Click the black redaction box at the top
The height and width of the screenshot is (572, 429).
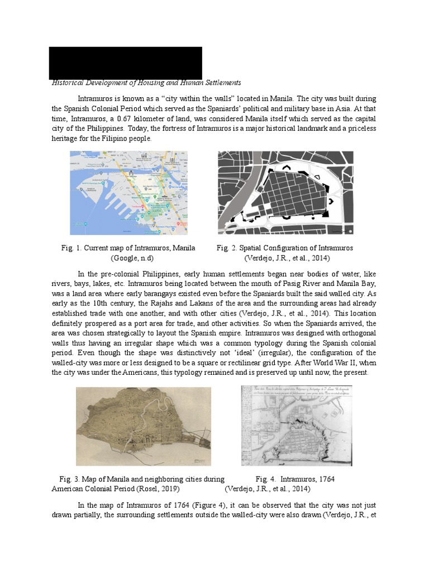(x=125, y=63)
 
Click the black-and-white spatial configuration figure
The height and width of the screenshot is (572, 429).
(x=285, y=193)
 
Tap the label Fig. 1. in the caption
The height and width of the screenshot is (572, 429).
(x=71, y=247)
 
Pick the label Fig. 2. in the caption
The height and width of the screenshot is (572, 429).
(x=227, y=247)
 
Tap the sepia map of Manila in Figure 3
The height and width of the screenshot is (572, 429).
(x=144, y=427)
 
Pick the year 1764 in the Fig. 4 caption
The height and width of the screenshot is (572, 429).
(x=325, y=479)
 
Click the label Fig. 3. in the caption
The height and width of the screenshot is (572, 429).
(x=69, y=479)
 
